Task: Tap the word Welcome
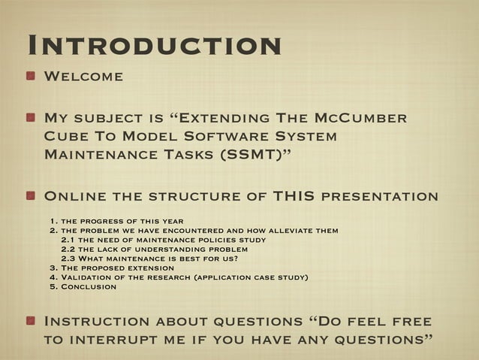84,77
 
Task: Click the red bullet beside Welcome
32,77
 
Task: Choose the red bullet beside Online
32,197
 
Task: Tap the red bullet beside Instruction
32,322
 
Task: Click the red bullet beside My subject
32,119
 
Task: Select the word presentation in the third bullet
379,197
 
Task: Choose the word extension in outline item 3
155,268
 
